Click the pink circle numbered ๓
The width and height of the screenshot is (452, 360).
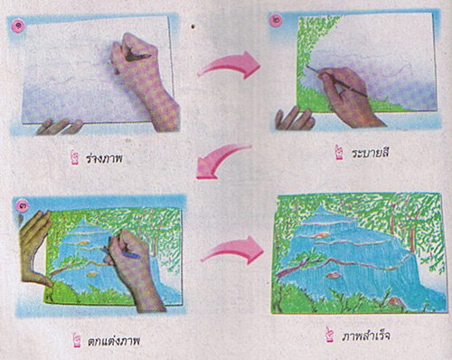23,206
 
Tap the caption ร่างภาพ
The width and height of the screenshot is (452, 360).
104,158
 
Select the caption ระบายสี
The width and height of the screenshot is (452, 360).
371,153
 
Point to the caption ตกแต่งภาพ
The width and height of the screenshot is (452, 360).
114,341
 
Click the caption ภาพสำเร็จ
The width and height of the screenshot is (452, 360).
366,336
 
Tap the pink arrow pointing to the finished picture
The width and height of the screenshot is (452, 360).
233,251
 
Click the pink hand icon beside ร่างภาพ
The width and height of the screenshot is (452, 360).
74,158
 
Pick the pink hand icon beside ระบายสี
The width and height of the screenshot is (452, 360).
340,152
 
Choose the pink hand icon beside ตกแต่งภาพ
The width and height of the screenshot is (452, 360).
77,340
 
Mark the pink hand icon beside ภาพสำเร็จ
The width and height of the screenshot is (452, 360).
330,336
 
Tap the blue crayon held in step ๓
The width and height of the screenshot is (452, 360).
120,252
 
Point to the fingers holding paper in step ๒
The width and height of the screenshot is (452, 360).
295,119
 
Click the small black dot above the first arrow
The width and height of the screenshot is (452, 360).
193,26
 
